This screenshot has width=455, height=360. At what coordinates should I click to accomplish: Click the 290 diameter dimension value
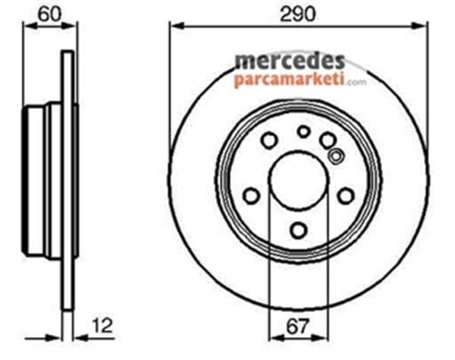click(x=298, y=14)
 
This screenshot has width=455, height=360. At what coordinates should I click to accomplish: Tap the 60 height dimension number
click(x=51, y=14)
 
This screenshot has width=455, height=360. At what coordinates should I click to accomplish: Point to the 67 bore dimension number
click(x=298, y=326)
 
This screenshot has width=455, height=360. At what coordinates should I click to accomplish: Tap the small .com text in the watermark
click(x=357, y=82)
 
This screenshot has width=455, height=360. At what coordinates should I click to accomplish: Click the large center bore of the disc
click(x=298, y=183)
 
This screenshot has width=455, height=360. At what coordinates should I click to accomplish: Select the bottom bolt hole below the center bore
click(x=298, y=230)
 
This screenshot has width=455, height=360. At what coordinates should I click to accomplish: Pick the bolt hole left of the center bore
click(x=251, y=196)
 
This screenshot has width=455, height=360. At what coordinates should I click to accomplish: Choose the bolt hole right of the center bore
click(x=345, y=196)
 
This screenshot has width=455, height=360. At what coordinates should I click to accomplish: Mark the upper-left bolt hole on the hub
click(x=268, y=140)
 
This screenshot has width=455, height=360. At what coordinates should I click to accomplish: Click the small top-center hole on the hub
click(x=303, y=131)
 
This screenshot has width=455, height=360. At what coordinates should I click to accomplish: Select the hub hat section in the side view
click(x=42, y=182)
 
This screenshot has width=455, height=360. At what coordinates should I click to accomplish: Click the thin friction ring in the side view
click(x=68, y=182)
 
